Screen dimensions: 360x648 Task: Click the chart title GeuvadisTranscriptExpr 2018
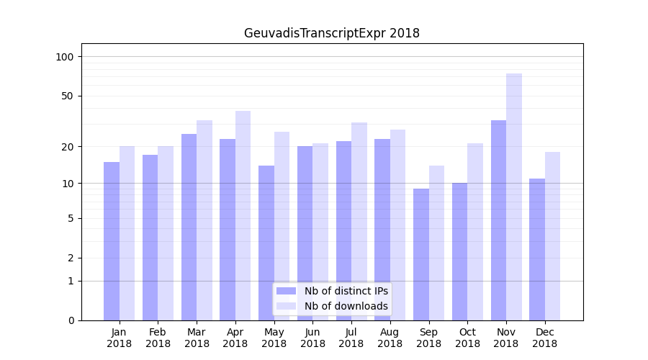coord(331,33)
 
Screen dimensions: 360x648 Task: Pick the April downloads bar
coord(243,215)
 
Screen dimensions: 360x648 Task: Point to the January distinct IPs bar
coord(112,240)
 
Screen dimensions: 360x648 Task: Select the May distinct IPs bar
coord(266,243)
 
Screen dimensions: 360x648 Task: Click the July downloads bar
coord(359,221)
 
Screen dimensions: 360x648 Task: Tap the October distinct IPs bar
coord(459,251)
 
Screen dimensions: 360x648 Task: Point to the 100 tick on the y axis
coord(69,57)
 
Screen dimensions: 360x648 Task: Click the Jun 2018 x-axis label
coord(312,338)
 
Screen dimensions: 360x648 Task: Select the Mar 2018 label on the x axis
coord(197,338)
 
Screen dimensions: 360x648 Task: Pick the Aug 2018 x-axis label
coord(390,338)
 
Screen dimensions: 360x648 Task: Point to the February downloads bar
coord(166,233)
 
